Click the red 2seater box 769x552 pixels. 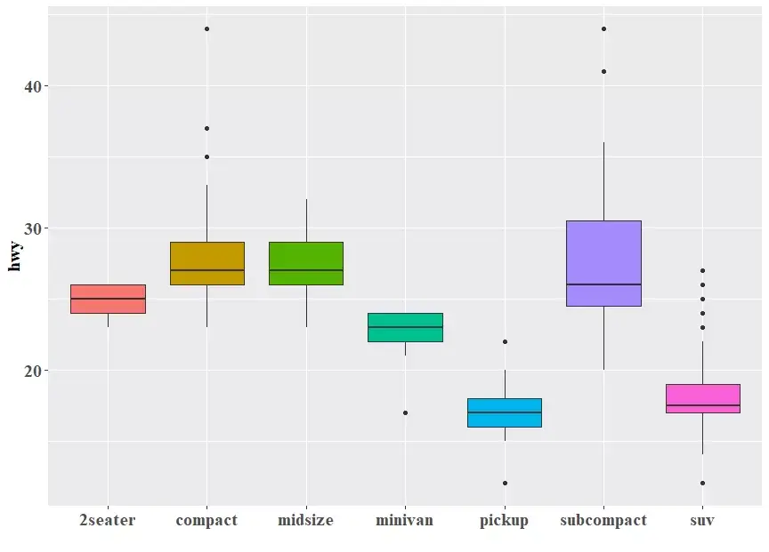pyautogui.click(x=108, y=299)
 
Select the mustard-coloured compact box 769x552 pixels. pyautogui.click(x=206, y=263)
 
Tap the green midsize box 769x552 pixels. pyautogui.click(x=306, y=263)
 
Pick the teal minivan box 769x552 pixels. pyautogui.click(x=405, y=327)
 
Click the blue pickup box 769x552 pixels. pyautogui.click(x=505, y=412)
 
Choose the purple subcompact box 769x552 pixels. pyautogui.click(x=603, y=263)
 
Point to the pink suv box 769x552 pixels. pyautogui.click(x=702, y=398)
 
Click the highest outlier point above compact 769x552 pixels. pyautogui.click(x=206, y=28)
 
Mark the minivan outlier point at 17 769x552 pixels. pyautogui.click(x=405, y=412)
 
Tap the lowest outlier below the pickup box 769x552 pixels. pyautogui.click(x=505, y=483)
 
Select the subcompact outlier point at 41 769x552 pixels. pyautogui.click(x=603, y=71)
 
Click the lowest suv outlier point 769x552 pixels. pyautogui.click(x=702, y=483)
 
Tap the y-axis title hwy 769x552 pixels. pyautogui.click(x=15, y=256)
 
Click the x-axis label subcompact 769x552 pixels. pyautogui.click(x=603, y=520)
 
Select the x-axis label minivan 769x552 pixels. pyautogui.click(x=405, y=520)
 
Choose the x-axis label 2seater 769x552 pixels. pyautogui.click(x=108, y=520)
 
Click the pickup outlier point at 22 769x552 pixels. pyautogui.click(x=505, y=341)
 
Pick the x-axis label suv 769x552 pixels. pyautogui.click(x=702, y=520)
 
